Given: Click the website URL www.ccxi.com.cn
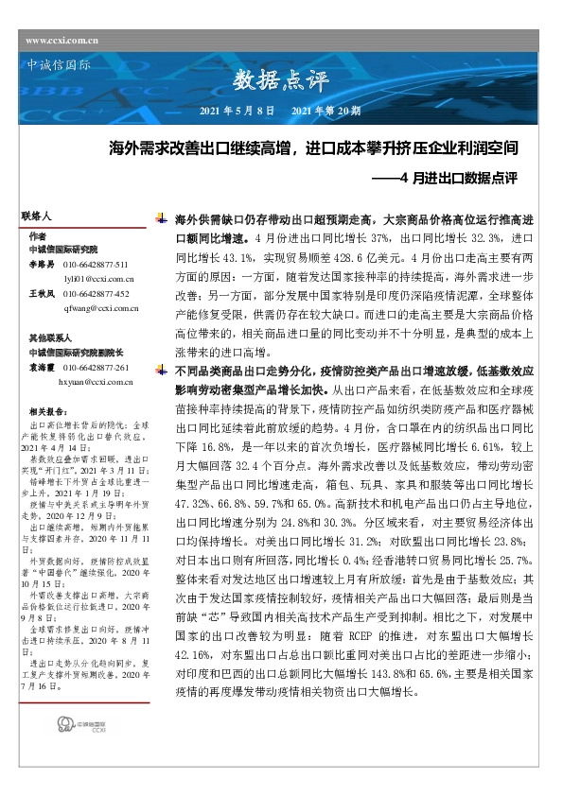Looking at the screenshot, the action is [62, 40].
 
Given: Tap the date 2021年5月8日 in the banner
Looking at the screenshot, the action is [238, 112].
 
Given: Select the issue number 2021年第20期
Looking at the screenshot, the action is [326, 112].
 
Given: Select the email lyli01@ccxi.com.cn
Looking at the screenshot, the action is [98, 280].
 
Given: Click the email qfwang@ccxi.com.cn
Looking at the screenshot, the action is [99, 307].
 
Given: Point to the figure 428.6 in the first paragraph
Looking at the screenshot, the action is [378, 254].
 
